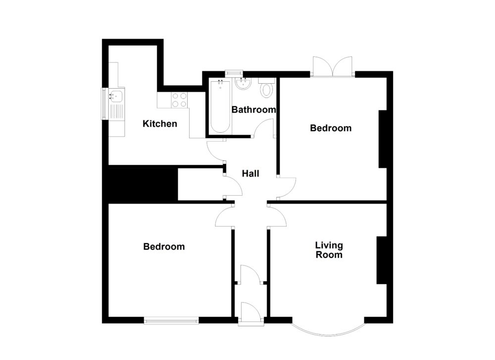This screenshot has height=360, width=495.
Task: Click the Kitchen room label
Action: coord(159,124)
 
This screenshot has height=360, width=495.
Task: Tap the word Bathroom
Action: coord(253,110)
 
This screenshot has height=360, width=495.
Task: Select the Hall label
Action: coord(250,174)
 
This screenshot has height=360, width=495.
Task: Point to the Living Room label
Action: coord(329,250)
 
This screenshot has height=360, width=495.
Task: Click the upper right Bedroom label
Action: coord(331,128)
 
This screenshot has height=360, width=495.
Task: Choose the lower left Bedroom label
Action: coord(164,247)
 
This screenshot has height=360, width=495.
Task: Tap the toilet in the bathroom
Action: coord(267,89)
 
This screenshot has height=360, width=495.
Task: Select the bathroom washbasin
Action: coord(243,85)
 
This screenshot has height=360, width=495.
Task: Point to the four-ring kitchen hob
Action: coord(179,100)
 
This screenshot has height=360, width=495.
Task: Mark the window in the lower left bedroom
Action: coord(171,320)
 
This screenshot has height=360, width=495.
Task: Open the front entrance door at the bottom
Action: coord(251,313)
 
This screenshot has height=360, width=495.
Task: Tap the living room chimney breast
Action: coord(381,260)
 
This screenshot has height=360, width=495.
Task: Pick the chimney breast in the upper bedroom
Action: coord(383,139)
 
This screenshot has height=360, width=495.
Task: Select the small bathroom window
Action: coord(232,74)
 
